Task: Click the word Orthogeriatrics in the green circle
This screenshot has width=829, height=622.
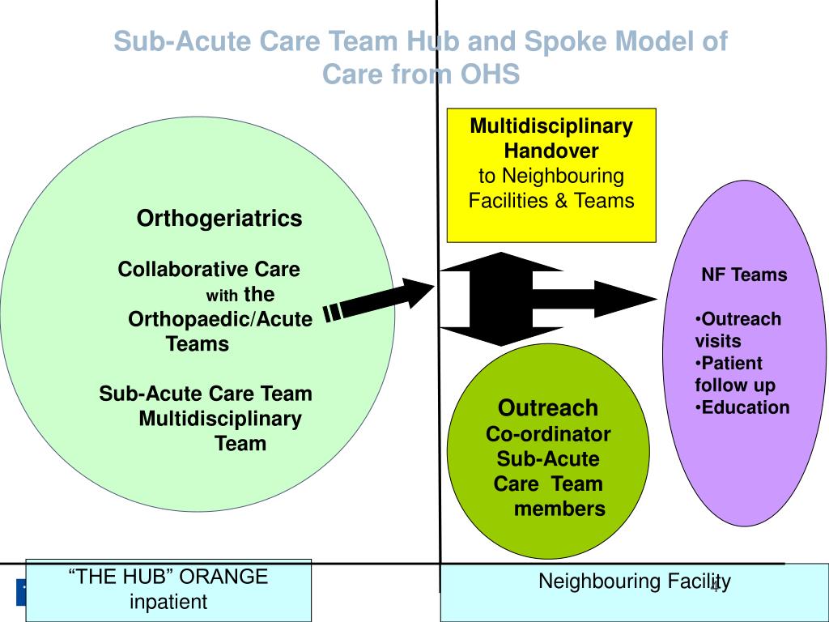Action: pos(219,219)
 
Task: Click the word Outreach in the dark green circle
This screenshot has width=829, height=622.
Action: pos(548,407)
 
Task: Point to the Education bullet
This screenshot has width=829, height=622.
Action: pos(742,407)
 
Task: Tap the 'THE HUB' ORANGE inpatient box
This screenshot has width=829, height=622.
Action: pos(168,589)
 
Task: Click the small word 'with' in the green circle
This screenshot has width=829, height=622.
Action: pos(222,296)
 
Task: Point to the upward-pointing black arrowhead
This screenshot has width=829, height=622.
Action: pos(502,262)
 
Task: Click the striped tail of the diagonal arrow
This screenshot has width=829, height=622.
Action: pos(333,312)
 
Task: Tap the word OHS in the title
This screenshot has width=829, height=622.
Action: pos(490,75)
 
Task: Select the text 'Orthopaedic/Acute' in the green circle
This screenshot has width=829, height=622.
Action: pos(220,319)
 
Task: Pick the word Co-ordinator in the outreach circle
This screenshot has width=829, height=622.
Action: pos(548,434)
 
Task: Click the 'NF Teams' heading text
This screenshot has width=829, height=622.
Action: pos(744,275)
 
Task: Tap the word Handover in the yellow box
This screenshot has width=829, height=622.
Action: pos(551,151)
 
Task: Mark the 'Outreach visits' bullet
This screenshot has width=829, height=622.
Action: pos(738,330)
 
